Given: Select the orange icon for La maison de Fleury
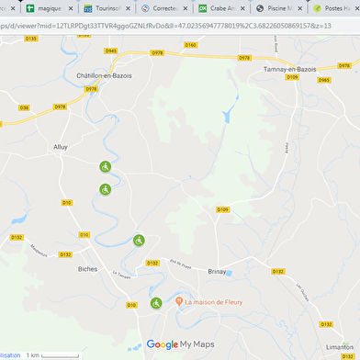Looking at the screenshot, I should (x=178, y=302).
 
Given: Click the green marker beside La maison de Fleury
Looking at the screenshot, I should (x=156, y=303).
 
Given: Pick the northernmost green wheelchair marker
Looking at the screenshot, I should (x=105, y=166).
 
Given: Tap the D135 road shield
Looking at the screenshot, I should (x=32, y=39).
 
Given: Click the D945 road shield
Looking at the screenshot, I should (x=111, y=51).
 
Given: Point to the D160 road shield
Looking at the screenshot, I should (x=190, y=44).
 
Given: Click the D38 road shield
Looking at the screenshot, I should (x=24, y=107).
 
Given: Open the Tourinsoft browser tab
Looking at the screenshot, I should (x=110, y=7).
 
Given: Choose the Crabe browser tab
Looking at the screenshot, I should (x=222, y=7).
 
